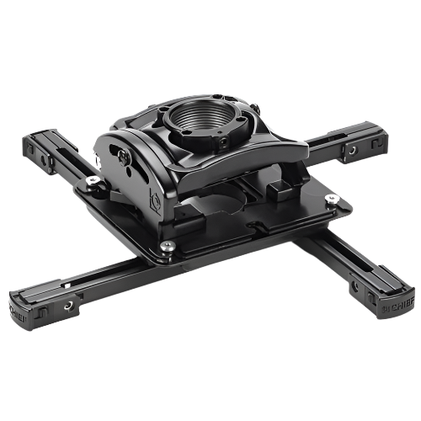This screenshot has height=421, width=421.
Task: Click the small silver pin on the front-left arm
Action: click(x=67, y=285)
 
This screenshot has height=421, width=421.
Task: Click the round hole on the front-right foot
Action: click(x=365, y=289)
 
